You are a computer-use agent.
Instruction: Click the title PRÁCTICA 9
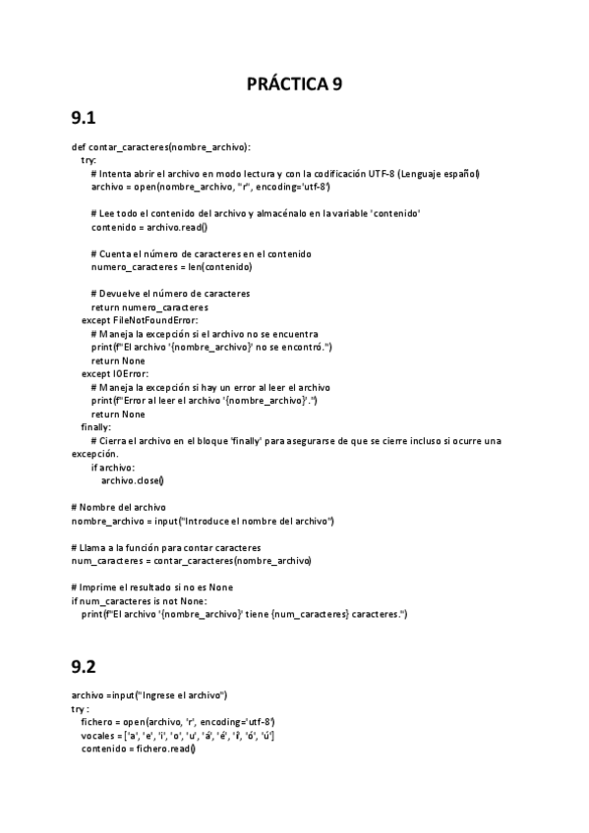294,83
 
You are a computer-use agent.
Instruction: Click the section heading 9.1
83,120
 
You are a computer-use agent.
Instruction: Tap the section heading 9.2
83,666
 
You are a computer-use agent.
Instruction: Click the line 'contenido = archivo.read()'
149,227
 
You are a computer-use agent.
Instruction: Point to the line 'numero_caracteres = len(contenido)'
171,267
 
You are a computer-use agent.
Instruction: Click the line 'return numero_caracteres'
148,307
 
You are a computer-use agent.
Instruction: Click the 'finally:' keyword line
96,427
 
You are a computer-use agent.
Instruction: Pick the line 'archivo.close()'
133,480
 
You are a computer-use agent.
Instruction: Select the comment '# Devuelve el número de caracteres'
169,294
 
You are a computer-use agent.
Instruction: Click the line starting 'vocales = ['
177,736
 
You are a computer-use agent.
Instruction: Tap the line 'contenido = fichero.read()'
139,750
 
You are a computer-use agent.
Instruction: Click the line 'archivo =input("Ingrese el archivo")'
149,695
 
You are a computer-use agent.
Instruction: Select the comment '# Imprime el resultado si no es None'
151,587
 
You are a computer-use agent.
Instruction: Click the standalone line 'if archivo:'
113,468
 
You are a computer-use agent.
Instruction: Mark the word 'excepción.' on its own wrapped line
95,454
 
